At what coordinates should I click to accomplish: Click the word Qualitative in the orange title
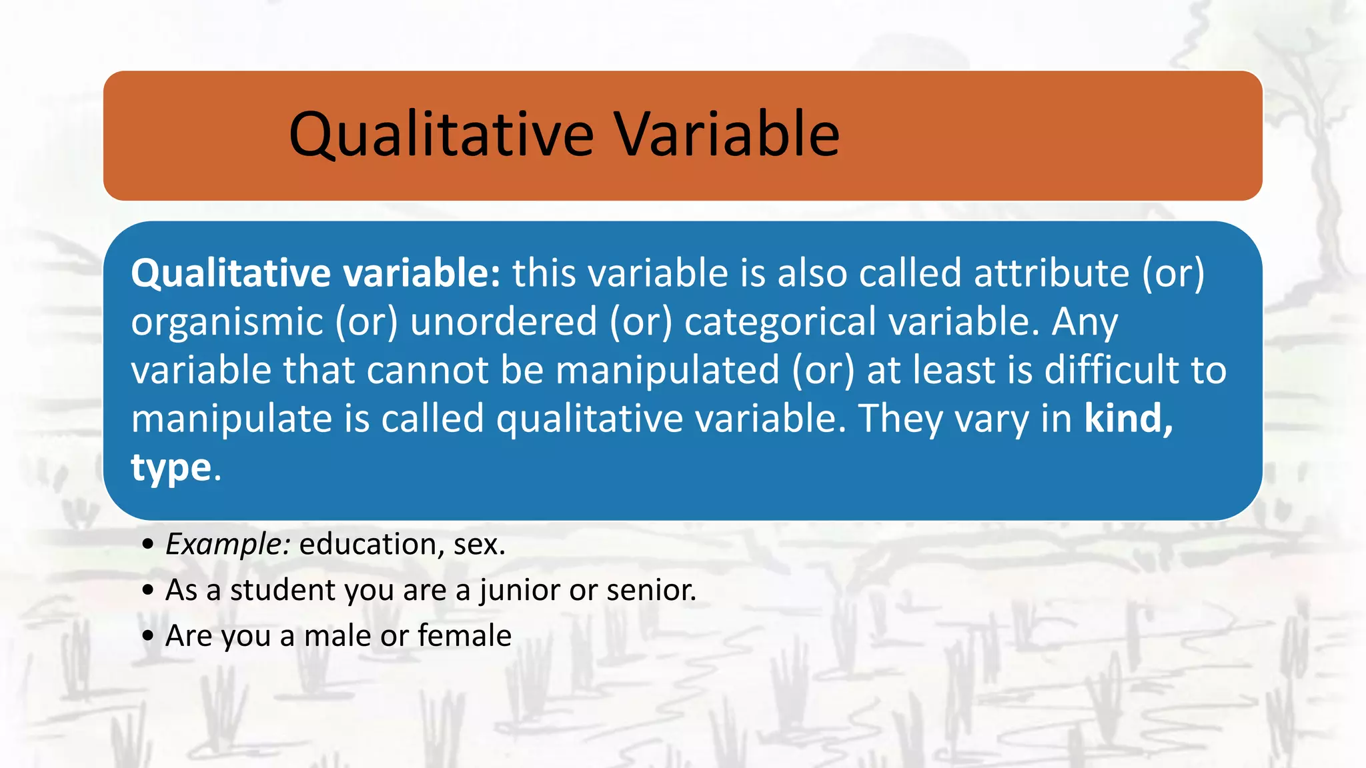coord(440,135)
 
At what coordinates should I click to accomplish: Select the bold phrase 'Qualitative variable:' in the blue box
coord(315,273)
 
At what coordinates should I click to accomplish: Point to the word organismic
coord(227,323)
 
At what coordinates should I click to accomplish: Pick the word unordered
coord(503,321)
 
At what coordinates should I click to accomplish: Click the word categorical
coord(780,323)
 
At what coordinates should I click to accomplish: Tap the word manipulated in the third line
coord(667,371)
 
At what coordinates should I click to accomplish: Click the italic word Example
coord(227,545)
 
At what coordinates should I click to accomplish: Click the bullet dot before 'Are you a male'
coord(148,635)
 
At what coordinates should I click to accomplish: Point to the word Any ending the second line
coord(1085,323)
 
